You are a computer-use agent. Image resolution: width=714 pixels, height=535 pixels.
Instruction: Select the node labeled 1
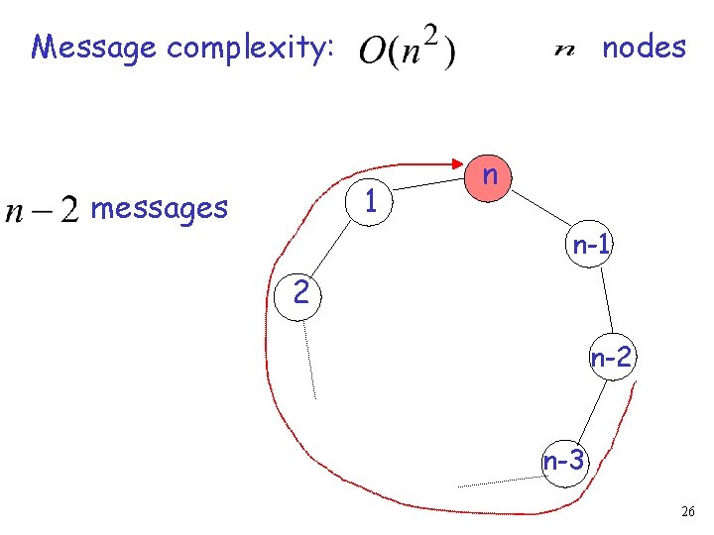(369, 202)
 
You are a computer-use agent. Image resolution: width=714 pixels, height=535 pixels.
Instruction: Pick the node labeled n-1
(590, 246)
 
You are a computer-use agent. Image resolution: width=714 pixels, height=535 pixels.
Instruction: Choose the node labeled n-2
(611, 358)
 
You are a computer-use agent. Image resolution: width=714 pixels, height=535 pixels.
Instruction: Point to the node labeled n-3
(564, 461)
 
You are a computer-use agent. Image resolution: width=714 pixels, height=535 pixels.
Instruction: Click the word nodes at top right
(645, 47)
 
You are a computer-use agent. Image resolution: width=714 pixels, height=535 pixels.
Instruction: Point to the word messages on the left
(159, 208)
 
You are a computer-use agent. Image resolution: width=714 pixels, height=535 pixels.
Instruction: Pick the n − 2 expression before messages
(42, 210)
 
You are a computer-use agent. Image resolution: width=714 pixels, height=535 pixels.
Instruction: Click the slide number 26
(688, 511)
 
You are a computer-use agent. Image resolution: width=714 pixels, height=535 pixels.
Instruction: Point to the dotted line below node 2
(309, 359)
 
